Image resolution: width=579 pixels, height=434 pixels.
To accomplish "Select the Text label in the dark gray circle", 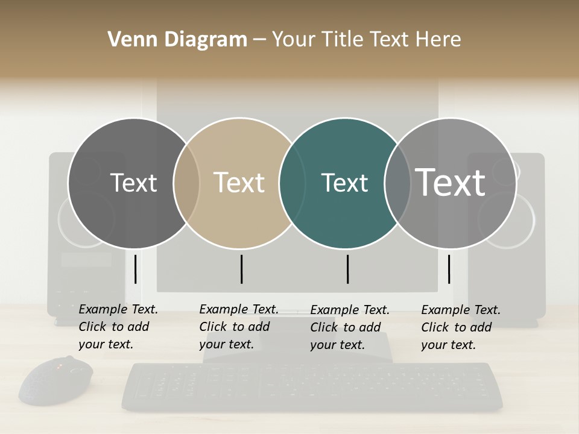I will (x=133, y=183).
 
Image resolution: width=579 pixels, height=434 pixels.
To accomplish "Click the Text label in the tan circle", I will (x=239, y=183).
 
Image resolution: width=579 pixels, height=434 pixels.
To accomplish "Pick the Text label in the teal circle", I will (x=344, y=183).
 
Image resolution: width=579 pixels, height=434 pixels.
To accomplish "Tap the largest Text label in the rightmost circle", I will (x=451, y=182).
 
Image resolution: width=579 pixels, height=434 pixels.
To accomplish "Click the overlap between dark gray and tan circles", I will (x=186, y=183).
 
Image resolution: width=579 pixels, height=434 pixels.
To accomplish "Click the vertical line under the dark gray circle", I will (x=136, y=269).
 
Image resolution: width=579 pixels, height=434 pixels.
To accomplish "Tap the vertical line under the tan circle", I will (x=241, y=269).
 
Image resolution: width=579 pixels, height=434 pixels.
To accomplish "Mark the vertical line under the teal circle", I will (x=347, y=269).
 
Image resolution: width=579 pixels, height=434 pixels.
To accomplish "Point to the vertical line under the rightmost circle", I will (x=449, y=269).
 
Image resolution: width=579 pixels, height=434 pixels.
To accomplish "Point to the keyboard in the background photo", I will (x=312, y=386).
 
